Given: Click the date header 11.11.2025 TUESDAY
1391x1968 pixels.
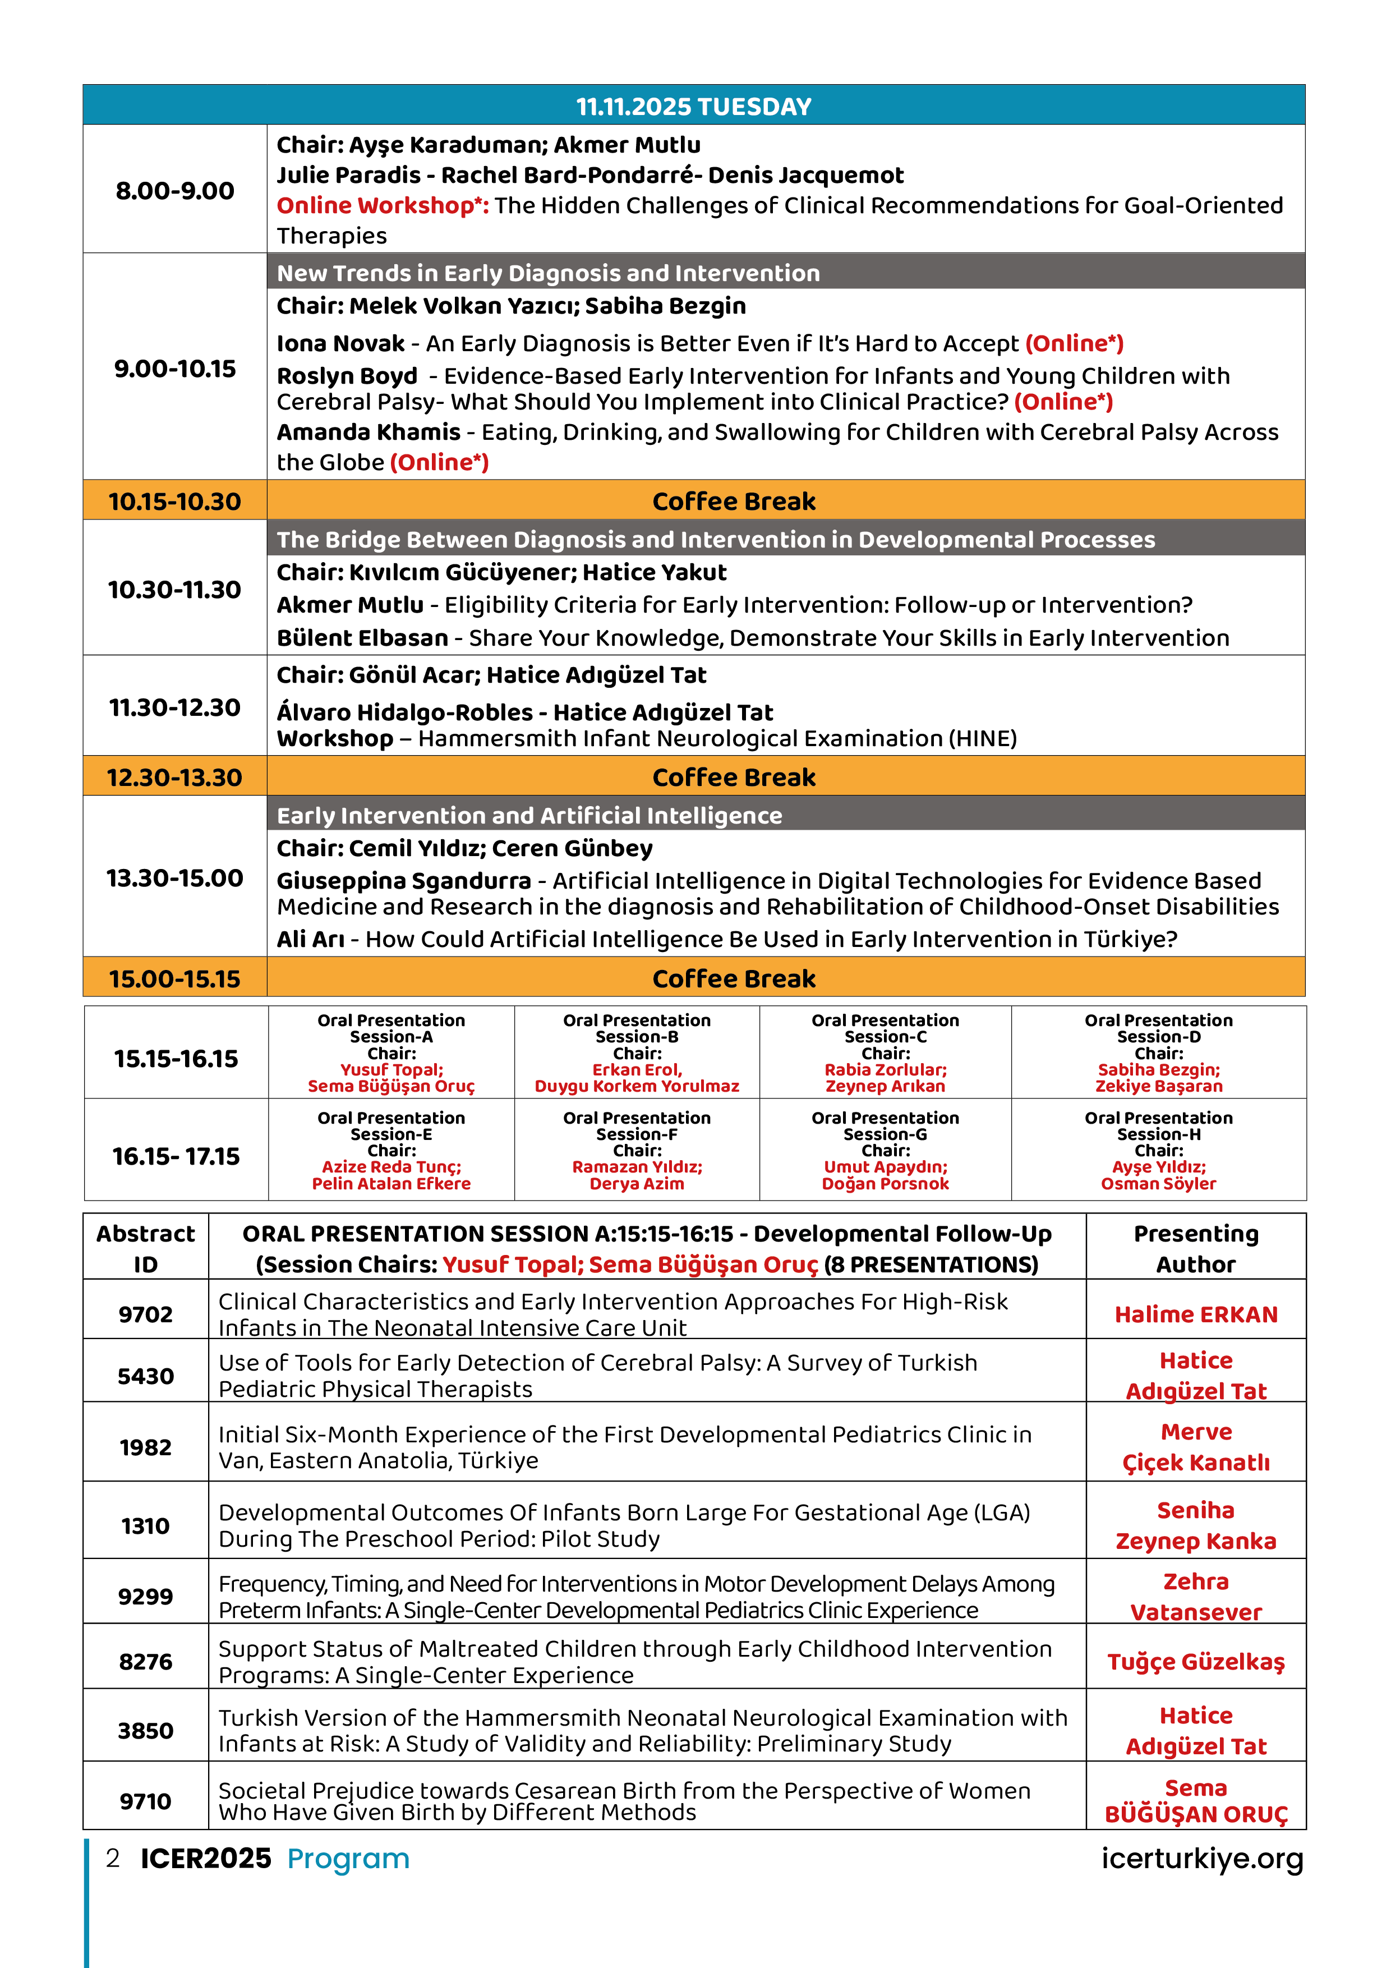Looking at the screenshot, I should (x=693, y=106).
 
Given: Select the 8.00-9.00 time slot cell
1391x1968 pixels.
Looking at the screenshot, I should (x=175, y=190).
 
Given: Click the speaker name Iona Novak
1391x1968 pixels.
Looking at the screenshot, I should (x=340, y=344).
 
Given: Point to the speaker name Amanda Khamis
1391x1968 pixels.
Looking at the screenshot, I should (x=369, y=432).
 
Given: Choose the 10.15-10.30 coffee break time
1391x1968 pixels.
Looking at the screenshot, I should (x=175, y=502).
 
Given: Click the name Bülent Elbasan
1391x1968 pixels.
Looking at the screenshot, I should (x=362, y=638).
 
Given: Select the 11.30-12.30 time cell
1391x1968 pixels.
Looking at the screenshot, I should (x=175, y=707).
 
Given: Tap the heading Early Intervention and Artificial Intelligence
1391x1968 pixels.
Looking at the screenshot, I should (x=529, y=815).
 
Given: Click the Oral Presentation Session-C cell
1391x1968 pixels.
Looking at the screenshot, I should (x=885, y=1052).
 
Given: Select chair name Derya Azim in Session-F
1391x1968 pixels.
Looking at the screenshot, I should (x=637, y=1184).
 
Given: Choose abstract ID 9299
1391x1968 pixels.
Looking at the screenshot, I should (x=146, y=1596).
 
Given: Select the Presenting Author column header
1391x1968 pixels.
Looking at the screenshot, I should (x=1196, y=1248).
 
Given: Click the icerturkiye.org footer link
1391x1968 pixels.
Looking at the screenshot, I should (x=1201, y=1858).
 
